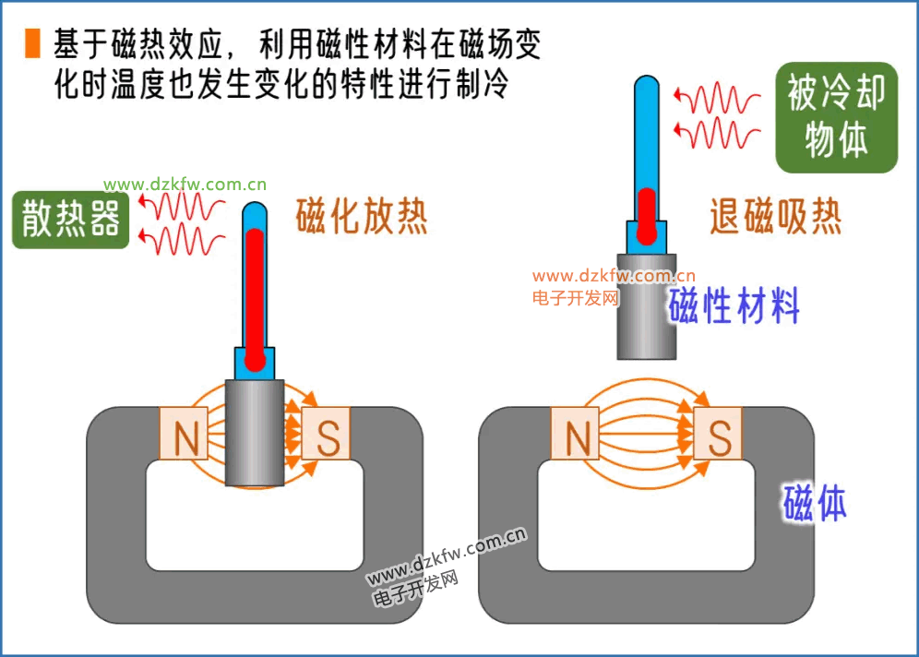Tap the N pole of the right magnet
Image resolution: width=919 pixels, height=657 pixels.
tap(577, 435)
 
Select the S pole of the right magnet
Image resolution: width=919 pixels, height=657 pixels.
tap(718, 435)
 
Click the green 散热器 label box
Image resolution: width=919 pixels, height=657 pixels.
tap(71, 220)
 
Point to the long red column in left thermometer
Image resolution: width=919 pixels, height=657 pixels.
tap(255, 295)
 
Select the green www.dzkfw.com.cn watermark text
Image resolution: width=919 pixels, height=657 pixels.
tap(185, 184)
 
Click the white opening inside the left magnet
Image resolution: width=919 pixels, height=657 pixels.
tap(255, 521)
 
